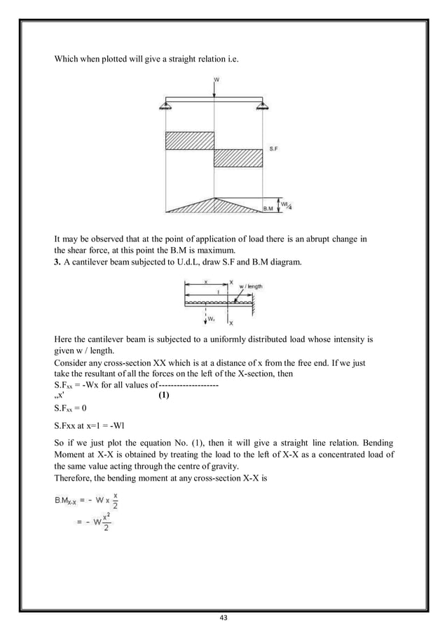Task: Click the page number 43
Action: coord(224,618)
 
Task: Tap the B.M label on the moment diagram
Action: coord(268,208)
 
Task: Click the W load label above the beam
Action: coord(216,80)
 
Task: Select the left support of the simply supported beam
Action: coord(165,105)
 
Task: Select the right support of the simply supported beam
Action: coord(263,105)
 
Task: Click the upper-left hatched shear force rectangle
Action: coord(189,140)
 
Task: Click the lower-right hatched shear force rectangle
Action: coord(238,157)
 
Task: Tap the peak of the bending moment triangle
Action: coord(214,197)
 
